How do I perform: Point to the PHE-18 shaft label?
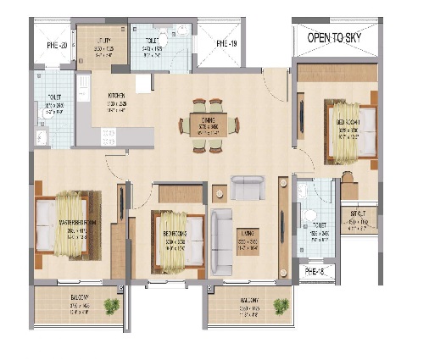click(315, 270)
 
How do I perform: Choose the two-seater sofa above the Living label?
click(248, 186)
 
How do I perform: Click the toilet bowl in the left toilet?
click(43, 141)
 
